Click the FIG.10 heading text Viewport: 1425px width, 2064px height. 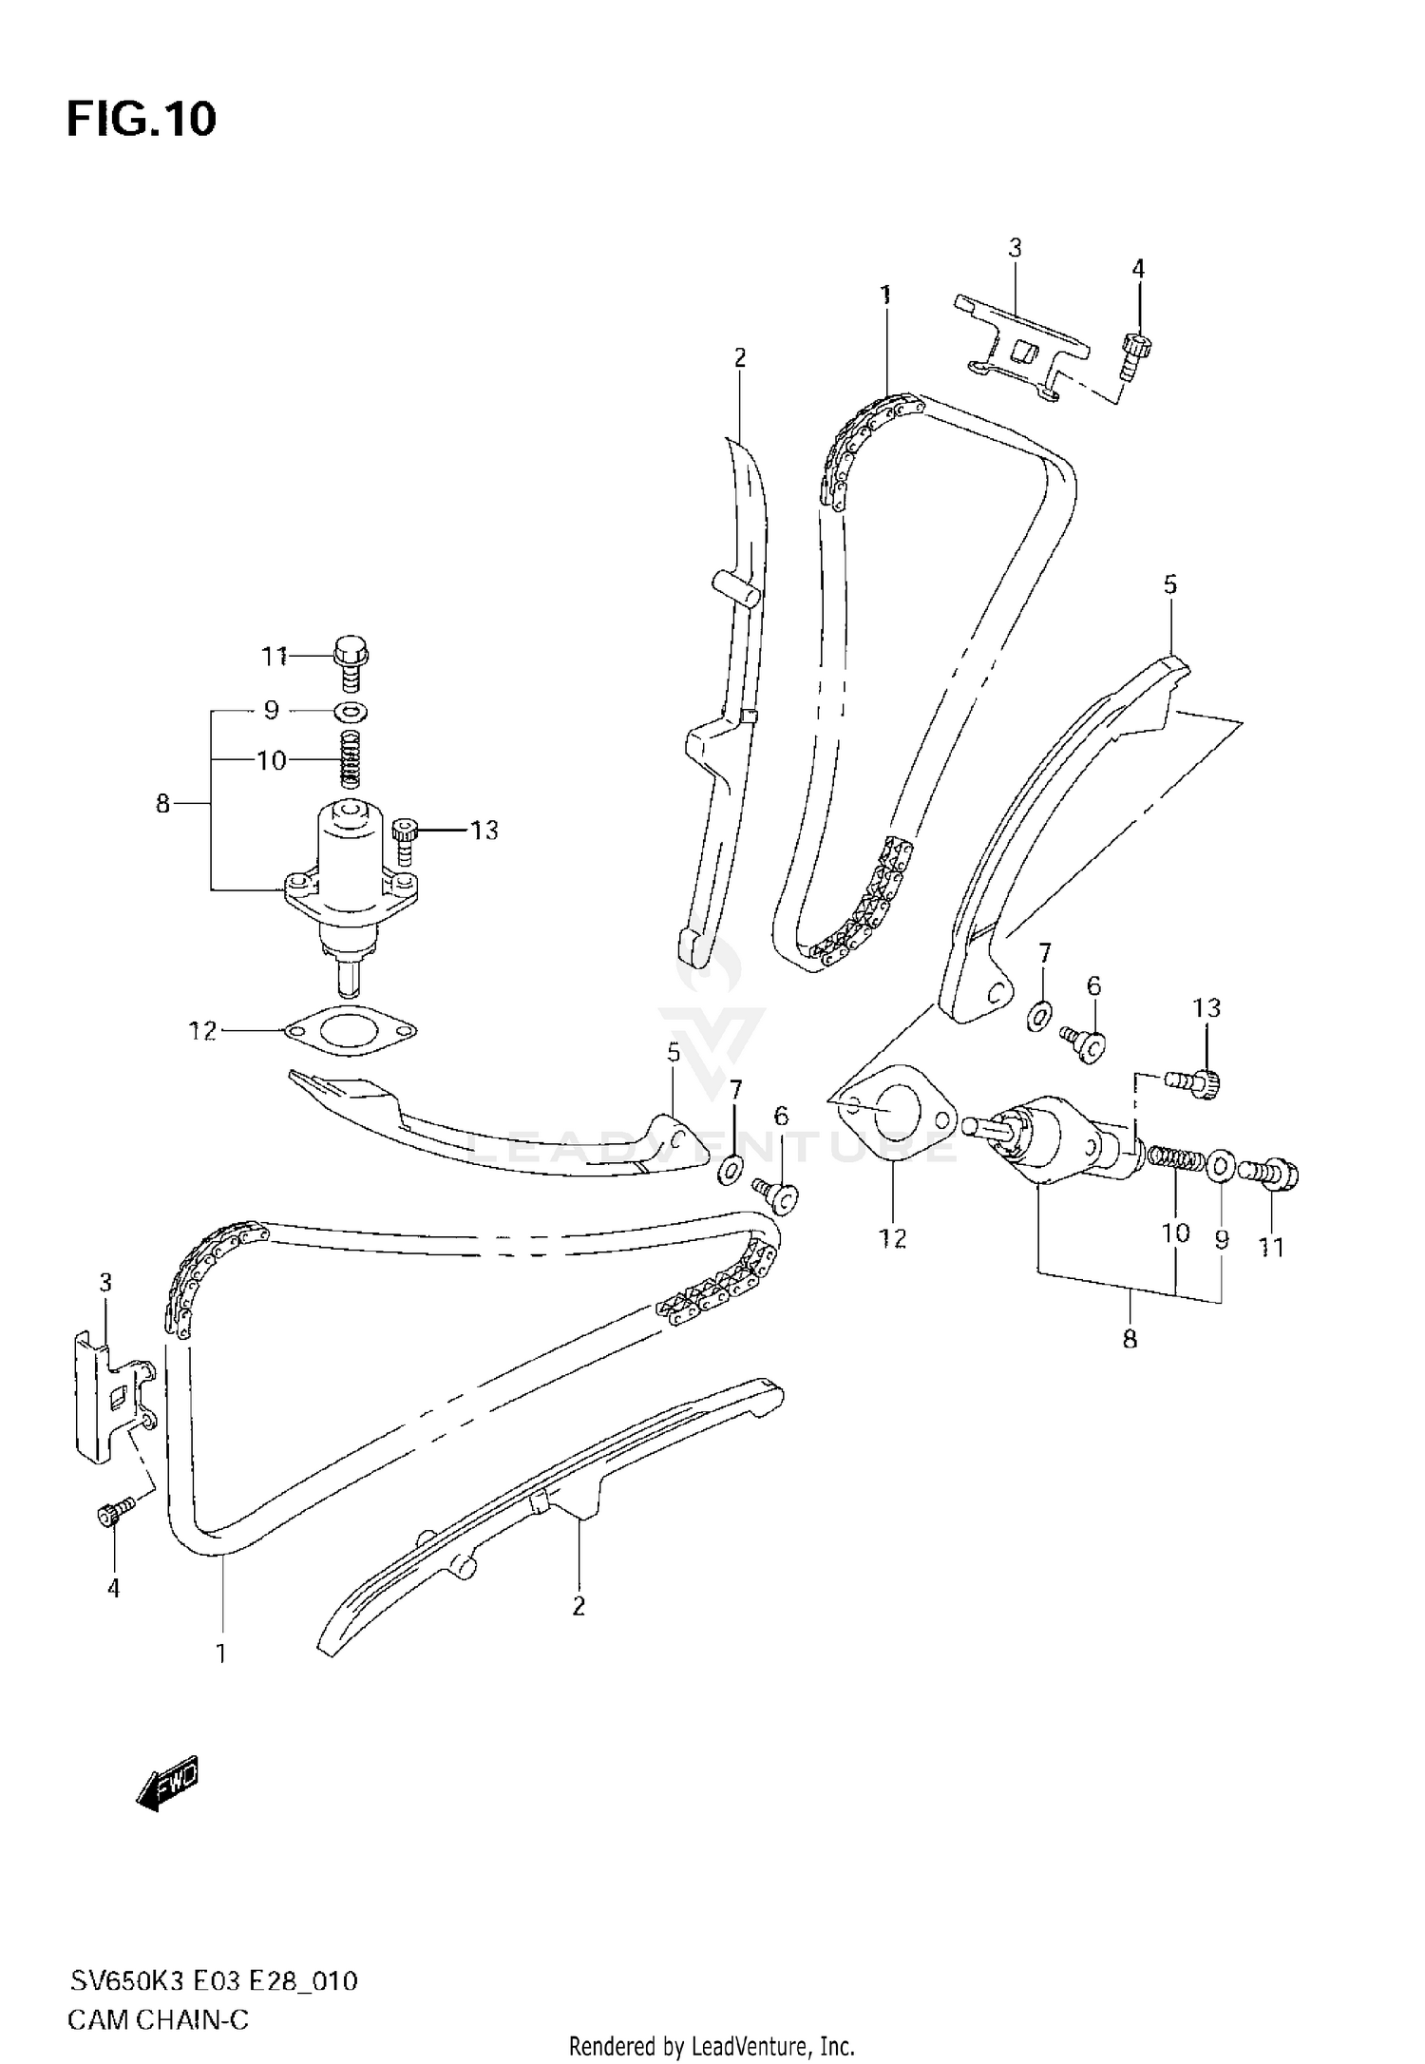pos(142,121)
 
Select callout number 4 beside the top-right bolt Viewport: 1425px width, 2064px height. pos(1138,269)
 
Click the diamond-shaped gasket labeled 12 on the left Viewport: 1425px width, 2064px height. pos(351,1030)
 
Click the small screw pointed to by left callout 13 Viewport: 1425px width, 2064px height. pos(406,838)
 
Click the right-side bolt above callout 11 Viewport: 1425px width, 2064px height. pos(1273,1175)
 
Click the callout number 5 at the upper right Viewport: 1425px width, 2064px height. pos(1170,585)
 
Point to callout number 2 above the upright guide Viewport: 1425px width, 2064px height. pos(740,358)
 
